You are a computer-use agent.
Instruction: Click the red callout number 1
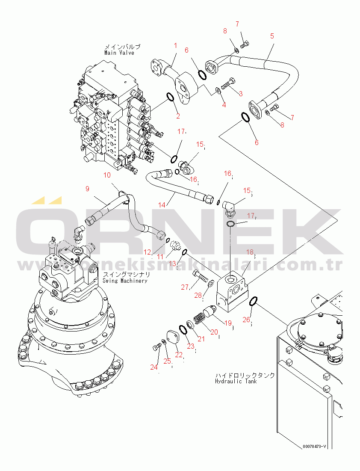tap(175, 45)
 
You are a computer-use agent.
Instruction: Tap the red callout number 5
tap(272, 36)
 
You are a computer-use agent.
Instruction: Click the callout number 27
tap(185, 287)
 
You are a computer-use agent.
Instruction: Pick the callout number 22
tap(179, 355)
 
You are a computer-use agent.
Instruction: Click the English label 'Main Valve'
tap(119, 53)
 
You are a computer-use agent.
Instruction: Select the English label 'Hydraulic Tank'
tap(236, 381)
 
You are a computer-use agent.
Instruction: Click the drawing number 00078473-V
tap(315, 447)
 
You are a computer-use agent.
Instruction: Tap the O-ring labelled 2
tap(170, 98)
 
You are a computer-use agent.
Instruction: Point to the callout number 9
tap(87, 189)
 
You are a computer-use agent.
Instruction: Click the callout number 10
tap(107, 175)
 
